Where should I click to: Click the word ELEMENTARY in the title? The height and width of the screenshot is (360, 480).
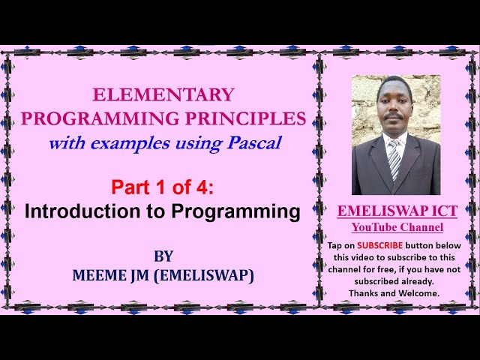[x=163, y=94]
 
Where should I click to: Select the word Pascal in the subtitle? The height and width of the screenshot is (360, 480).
[x=254, y=142]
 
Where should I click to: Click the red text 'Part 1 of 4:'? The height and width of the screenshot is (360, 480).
[x=163, y=186]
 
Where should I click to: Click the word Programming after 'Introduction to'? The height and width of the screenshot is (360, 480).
[x=235, y=211]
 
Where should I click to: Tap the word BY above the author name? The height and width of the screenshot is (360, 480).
[x=163, y=256]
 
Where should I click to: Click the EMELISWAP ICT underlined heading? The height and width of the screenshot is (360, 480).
[x=397, y=211]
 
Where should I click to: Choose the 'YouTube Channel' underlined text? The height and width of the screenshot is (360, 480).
[x=397, y=227]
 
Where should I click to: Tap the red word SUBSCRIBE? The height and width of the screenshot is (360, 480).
[x=379, y=245]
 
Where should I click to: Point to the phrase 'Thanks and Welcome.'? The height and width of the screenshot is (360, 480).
[x=397, y=293]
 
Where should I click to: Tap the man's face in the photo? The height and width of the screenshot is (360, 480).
[x=395, y=109]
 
